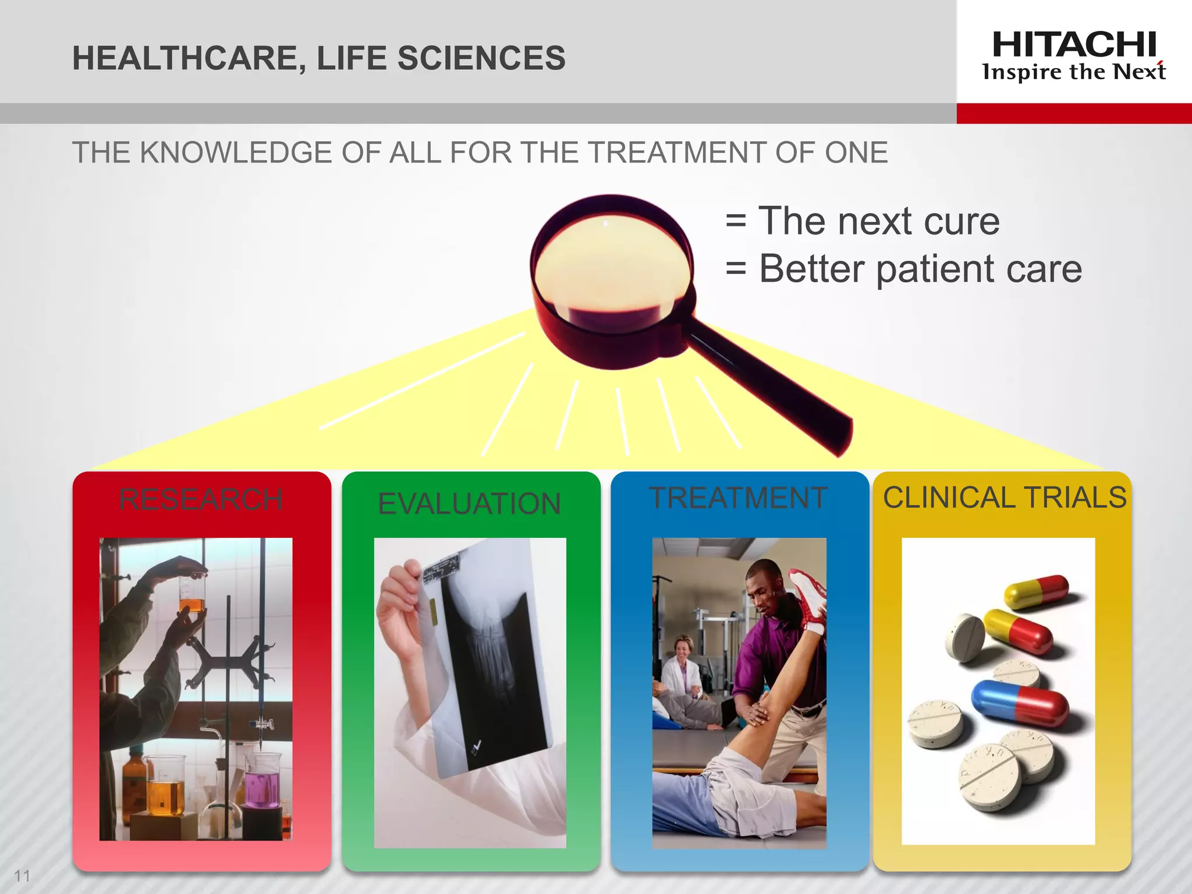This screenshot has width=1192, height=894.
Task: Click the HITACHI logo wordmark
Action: (1074, 45)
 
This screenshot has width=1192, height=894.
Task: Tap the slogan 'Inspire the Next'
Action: (1074, 72)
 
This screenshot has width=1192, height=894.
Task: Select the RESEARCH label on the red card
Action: (201, 499)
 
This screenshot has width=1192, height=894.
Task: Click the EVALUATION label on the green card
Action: (469, 503)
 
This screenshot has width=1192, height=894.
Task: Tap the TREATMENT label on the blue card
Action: (738, 498)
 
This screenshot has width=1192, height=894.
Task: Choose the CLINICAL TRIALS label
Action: (1005, 498)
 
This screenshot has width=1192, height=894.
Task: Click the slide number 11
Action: (22, 875)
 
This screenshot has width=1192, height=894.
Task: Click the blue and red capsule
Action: (1020, 703)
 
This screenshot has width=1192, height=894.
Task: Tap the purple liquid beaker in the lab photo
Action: (262, 780)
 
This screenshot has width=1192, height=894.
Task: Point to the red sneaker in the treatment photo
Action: (809, 599)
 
